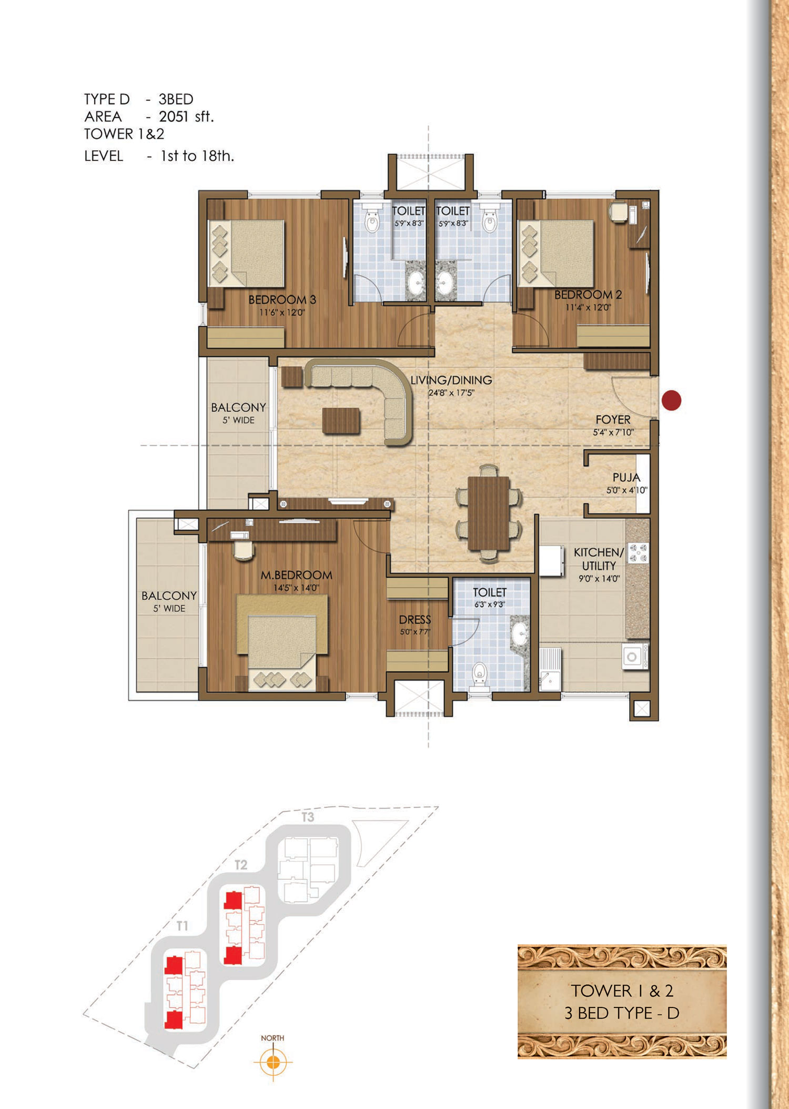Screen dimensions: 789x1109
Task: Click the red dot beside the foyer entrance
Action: click(671, 400)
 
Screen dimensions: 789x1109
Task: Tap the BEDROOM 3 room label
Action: click(282, 300)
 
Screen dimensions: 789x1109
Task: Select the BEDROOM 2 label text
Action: click(588, 295)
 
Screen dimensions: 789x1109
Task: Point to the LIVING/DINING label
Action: click(451, 380)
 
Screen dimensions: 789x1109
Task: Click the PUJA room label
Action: click(626, 477)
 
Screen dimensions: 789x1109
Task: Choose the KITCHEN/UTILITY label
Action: click(599, 559)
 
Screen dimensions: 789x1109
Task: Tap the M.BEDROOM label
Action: click(296, 575)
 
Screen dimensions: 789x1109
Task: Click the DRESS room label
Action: click(415, 620)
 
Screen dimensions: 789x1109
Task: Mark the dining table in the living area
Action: click(489, 513)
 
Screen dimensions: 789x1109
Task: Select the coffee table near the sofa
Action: click(341, 421)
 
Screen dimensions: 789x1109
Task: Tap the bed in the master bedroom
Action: click(282, 643)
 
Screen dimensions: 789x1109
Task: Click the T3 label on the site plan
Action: click(308, 817)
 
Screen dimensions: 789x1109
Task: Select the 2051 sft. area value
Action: click(186, 116)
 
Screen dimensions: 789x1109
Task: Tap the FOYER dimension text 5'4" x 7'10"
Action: click(613, 432)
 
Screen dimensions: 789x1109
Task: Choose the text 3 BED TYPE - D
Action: click(622, 1013)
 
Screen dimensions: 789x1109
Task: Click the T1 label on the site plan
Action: click(183, 926)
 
